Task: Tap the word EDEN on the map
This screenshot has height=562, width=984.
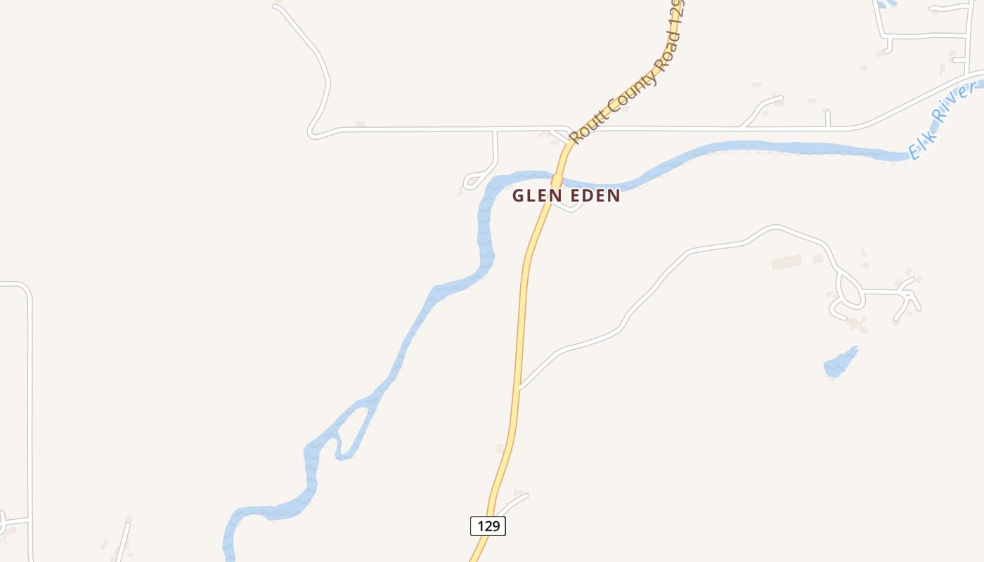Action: pyautogui.click(x=594, y=195)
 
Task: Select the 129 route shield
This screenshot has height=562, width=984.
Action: pyautogui.click(x=488, y=526)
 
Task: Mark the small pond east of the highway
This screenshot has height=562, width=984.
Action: pyautogui.click(x=841, y=362)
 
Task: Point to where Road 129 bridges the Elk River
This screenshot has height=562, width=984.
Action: pyautogui.click(x=557, y=178)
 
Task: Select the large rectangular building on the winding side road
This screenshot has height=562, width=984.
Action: pyautogui.click(x=786, y=262)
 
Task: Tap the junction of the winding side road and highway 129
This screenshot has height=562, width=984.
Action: pyautogui.click(x=519, y=386)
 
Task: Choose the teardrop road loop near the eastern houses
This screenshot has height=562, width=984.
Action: pyautogui.click(x=851, y=291)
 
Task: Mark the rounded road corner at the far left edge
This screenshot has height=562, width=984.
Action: pyautogui.click(x=25, y=289)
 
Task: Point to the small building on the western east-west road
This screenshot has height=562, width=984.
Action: pyautogui.click(x=360, y=124)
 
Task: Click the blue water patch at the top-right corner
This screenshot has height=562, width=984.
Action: pyautogui.click(x=888, y=3)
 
